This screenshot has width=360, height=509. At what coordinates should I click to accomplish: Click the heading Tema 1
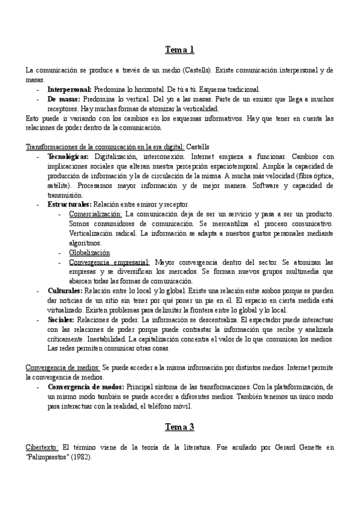[180, 49]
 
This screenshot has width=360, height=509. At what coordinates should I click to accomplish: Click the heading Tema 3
[180, 427]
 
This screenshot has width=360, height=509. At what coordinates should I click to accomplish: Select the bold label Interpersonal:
[70, 89]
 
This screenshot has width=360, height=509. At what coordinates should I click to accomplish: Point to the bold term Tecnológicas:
[68, 157]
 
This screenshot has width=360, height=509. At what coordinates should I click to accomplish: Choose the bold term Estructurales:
[70, 205]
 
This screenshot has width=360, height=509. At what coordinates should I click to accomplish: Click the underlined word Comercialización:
[95, 214]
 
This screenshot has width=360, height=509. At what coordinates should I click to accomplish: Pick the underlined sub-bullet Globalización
[89, 253]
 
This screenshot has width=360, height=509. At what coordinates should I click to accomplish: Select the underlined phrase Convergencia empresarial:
[110, 262]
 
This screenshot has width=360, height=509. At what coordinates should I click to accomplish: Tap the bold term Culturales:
[65, 291]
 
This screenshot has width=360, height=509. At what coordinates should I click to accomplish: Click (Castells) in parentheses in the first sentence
[196, 70]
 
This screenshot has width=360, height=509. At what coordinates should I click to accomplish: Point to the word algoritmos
[85, 243]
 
